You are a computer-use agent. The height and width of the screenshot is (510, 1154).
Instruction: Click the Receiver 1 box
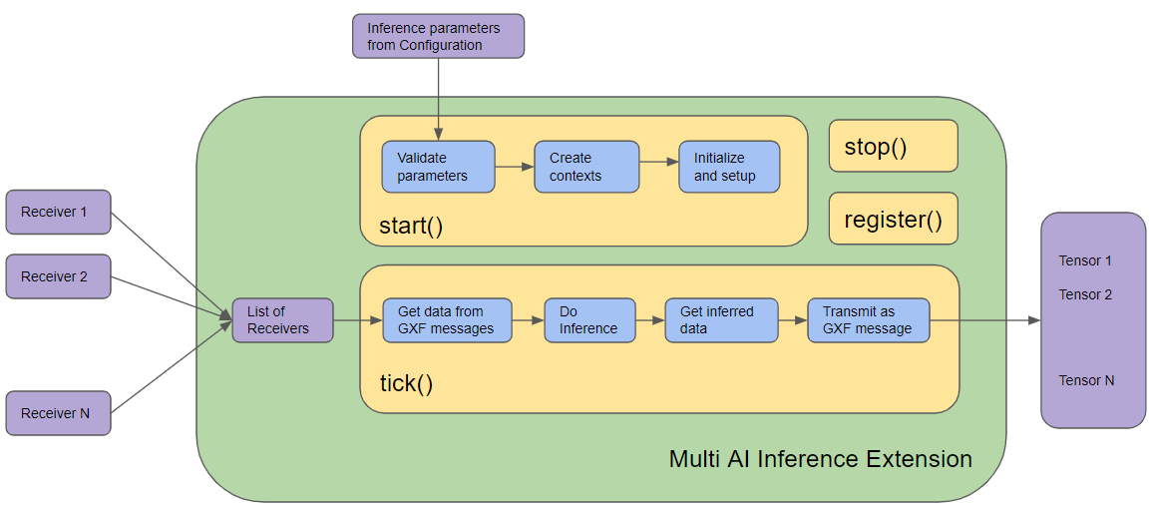coord(58,212)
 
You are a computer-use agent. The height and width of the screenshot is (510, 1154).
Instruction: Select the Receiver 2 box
coord(58,276)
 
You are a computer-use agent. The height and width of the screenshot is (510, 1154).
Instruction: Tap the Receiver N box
coord(58,413)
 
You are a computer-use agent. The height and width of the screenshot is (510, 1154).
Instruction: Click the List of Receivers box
coord(282,320)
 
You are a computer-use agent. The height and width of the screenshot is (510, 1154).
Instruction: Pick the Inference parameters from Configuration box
coord(438,36)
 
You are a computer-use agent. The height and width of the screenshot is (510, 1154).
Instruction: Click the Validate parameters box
coord(438,167)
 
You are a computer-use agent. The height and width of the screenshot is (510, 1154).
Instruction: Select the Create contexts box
coord(586,167)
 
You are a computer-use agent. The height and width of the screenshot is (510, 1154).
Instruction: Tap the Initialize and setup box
coord(729,167)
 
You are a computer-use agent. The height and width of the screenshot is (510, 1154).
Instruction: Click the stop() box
coord(893,147)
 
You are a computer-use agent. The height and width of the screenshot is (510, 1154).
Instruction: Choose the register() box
coord(893,220)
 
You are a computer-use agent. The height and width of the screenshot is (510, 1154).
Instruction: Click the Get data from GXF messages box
coord(447,320)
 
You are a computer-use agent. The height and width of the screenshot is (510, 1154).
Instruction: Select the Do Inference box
coord(589,320)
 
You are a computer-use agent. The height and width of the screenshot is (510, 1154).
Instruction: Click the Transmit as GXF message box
coord(868,320)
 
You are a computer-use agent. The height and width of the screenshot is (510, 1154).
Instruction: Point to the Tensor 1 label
coord(1085,261)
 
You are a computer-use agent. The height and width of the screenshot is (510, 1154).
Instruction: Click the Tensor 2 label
coord(1085,295)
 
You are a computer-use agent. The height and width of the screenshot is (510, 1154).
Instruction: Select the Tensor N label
coord(1086,381)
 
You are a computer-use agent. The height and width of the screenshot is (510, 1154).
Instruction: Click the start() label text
coord(411,226)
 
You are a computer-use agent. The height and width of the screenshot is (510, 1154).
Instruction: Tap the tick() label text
coord(406,384)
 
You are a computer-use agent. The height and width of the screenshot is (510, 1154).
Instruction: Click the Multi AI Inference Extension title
coord(820,459)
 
